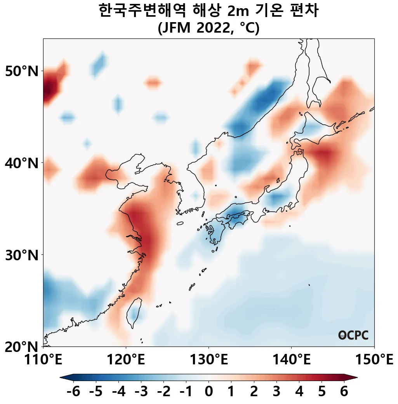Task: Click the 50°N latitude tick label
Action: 22,71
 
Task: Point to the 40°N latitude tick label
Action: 22,163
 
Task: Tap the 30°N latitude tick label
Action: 22,255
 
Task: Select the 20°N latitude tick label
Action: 22,346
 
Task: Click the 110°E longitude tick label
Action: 43,360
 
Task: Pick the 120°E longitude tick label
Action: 126,360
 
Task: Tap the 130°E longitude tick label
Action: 209,360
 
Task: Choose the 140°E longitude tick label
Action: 291,360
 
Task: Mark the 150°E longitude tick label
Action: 374,360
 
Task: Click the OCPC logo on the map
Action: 353,335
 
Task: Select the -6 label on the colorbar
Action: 73,392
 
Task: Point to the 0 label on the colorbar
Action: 209,392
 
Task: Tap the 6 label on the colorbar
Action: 344,392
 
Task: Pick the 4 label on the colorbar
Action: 299,392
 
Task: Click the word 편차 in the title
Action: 305,11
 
